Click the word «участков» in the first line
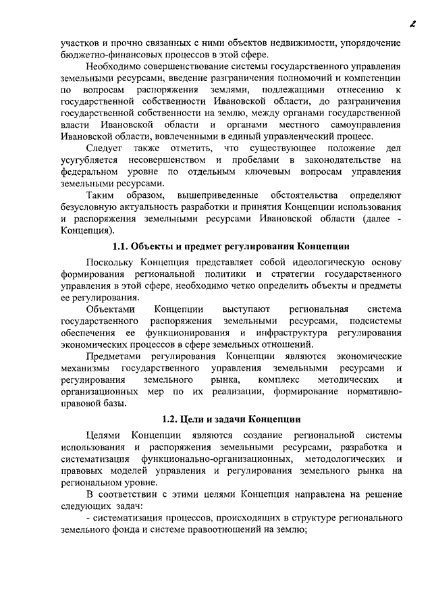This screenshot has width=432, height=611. pos(80,42)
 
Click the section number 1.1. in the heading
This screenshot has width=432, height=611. pos(120,246)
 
